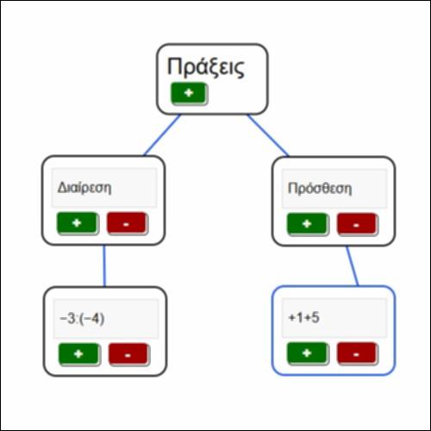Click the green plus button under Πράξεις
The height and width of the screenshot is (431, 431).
click(x=189, y=93)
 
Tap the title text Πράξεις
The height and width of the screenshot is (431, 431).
click(x=206, y=67)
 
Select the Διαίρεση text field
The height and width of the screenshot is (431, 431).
click(x=104, y=188)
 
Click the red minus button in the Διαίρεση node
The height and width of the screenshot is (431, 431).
click(x=127, y=223)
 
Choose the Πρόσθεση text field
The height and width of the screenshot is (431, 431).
click(x=334, y=189)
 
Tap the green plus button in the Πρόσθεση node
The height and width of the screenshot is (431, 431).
click(x=307, y=224)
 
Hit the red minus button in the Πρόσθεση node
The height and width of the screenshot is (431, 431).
click(x=357, y=224)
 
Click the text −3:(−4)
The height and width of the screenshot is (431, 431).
click(x=82, y=319)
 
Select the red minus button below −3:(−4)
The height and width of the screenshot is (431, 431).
click(x=128, y=354)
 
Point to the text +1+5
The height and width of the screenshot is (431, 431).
click(x=303, y=318)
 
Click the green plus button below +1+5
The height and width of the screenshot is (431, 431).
click(x=307, y=353)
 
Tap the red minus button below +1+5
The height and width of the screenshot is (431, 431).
click(x=357, y=353)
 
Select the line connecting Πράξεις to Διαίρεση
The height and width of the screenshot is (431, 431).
click(x=162, y=135)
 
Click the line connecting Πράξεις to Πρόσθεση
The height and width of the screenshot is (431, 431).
click(x=268, y=135)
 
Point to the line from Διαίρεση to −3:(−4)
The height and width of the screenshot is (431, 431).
click(x=104, y=265)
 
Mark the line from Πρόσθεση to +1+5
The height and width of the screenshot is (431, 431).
click(x=353, y=265)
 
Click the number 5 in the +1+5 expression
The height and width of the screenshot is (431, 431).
click(x=315, y=318)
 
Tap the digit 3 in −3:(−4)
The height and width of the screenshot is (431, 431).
click(x=71, y=319)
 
